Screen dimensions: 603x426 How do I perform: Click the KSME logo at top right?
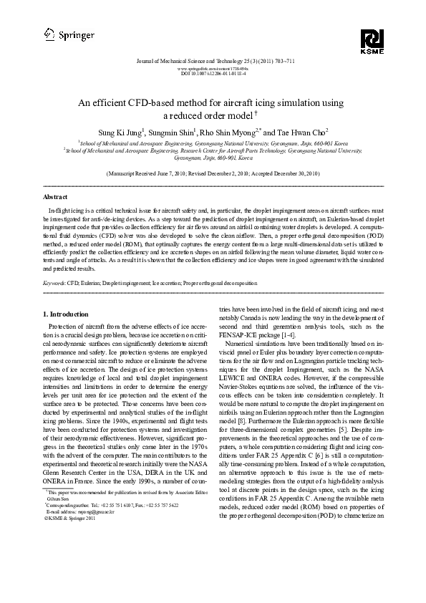coord(372,40)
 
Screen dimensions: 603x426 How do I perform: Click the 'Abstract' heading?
coord(55,196)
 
